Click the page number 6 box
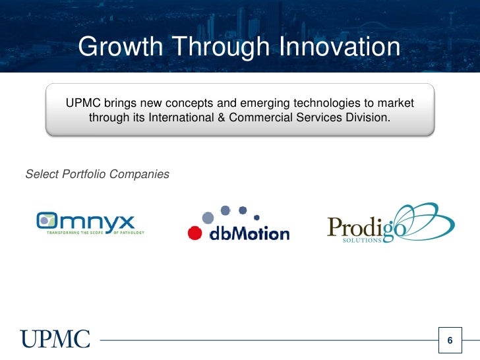(x=450, y=340)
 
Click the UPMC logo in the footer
(x=55, y=340)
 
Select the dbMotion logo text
(x=249, y=233)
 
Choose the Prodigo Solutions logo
(x=389, y=224)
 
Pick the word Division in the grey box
(x=367, y=119)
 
